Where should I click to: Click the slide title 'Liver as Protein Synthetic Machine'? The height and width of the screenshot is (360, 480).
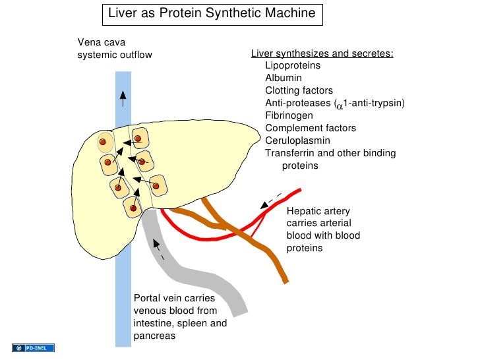(x=212, y=13)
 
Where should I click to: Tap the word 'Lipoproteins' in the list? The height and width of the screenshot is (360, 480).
(x=293, y=66)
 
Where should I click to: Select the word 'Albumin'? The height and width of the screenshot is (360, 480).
(x=284, y=78)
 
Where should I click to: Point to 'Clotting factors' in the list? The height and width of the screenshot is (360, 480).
(x=299, y=91)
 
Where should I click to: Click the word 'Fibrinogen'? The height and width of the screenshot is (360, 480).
(x=289, y=116)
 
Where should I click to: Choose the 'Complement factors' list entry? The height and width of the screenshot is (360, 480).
(x=310, y=129)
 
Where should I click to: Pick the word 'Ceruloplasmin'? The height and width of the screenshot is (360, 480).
(x=297, y=141)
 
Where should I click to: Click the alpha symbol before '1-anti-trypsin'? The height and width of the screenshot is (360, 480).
(x=340, y=105)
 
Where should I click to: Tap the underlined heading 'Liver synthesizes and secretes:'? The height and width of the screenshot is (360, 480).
(x=322, y=54)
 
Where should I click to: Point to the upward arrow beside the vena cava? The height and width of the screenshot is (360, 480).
(x=123, y=98)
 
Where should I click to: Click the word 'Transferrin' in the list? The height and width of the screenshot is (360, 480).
(x=289, y=154)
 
